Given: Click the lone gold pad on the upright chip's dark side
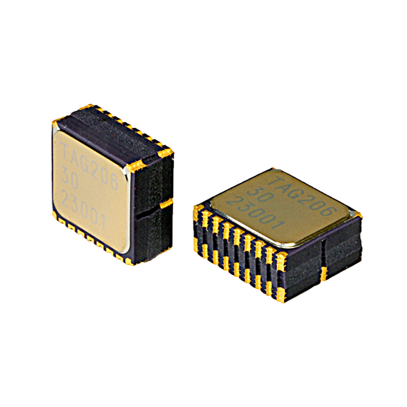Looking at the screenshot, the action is [166, 204].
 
